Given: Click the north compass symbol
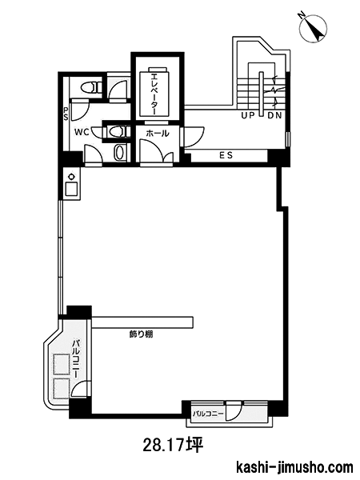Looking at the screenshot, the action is click(314, 27).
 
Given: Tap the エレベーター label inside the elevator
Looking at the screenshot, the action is click(154, 93).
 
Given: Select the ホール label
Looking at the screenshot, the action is click(158, 134).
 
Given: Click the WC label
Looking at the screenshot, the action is click(82, 132).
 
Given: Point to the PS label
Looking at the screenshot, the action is click(66, 114).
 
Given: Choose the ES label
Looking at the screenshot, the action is click(226, 155).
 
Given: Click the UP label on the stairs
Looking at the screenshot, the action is click(248, 116).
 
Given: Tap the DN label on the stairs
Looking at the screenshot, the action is click(274, 116).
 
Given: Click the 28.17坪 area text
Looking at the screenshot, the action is click(173, 446).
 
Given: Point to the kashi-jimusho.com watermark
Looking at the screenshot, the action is click(295, 468).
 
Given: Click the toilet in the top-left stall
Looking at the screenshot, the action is click(91, 87).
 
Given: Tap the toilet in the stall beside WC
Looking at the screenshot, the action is click(118, 132).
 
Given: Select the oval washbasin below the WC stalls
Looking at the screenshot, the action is click(119, 153).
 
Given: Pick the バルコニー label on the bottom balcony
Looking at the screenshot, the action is click(208, 414).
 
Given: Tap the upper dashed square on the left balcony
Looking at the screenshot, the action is click(62, 364).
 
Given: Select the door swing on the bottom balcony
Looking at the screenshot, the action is click(234, 411).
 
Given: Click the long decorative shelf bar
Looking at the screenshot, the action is click(142, 322).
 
